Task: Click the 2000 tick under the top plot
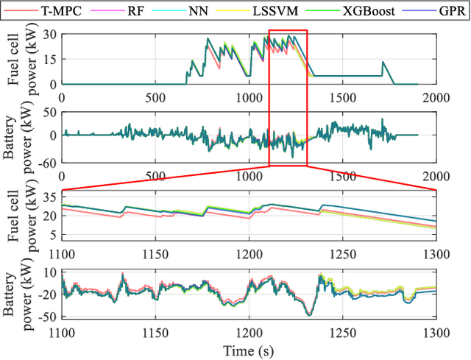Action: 436,96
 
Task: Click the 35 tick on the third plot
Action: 49,196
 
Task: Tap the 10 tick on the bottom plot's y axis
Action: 51,272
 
